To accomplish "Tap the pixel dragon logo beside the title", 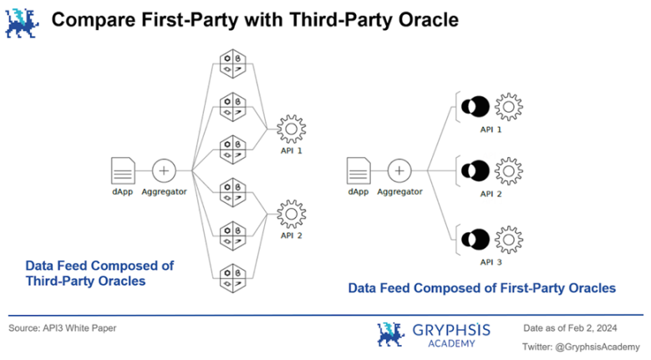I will (23, 20).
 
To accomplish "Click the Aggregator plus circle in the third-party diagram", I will (164, 170).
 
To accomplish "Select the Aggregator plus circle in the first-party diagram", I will (399, 170).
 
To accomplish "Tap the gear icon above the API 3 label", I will (508, 240).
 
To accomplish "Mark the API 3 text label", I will (491, 261).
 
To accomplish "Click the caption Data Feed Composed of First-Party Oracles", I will (481, 288).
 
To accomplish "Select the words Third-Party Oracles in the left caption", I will (85, 281).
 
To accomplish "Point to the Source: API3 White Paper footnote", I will (63, 327).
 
